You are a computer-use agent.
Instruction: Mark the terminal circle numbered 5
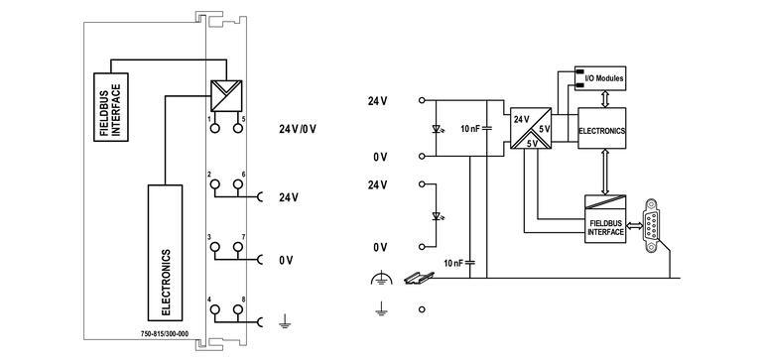click(239, 127)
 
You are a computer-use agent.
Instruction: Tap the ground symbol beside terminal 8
click(284, 321)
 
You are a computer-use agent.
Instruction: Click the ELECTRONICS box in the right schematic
click(602, 129)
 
